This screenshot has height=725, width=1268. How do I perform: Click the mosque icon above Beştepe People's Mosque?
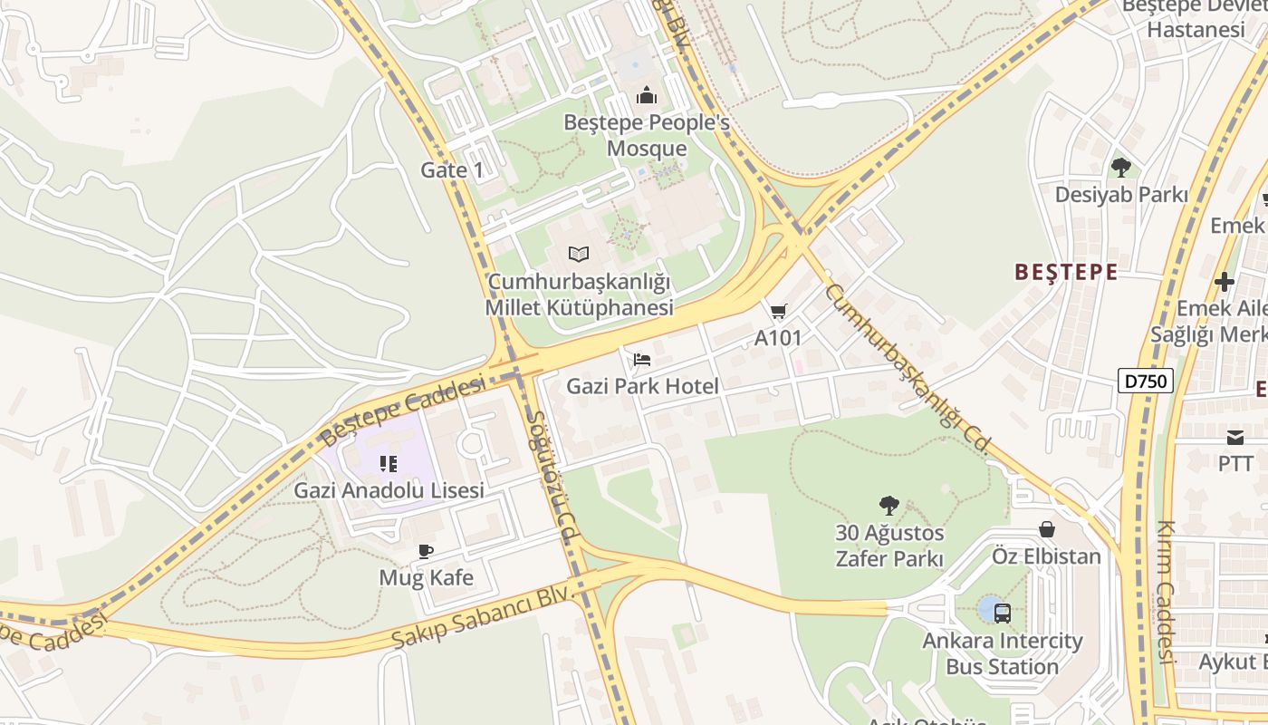[646, 95]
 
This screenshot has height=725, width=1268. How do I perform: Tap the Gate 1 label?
[452, 169]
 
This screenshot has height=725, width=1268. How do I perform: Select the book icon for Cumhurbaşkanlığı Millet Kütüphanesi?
[579, 254]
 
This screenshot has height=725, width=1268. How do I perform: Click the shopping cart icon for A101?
[778, 312]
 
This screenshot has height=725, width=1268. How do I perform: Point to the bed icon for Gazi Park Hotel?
[642, 360]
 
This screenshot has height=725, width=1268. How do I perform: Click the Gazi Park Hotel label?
[642, 386]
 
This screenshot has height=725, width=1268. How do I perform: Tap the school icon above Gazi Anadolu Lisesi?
[389, 464]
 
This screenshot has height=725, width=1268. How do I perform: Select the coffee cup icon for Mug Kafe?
[426, 551]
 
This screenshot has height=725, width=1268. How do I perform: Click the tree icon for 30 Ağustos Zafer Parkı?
[889, 506]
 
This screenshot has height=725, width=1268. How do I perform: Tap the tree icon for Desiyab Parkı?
[1120, 168]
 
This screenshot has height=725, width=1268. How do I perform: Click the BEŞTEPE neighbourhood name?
[1066, 272]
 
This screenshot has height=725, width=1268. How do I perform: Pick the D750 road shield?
[1145, 382]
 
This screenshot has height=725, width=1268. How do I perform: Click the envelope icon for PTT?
[1235, 438]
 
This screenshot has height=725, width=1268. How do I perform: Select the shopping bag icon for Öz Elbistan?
[1047, 529]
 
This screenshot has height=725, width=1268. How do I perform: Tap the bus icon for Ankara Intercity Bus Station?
[1002, 613]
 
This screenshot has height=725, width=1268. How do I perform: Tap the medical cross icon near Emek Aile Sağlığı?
[1225, 282]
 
